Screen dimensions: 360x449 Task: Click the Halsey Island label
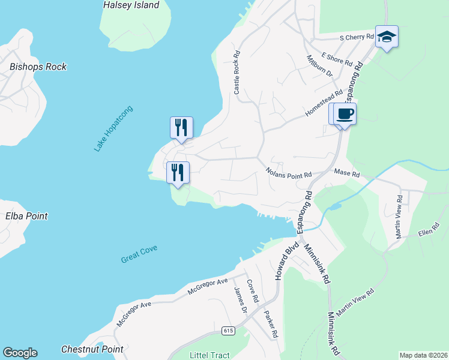click(131, 5)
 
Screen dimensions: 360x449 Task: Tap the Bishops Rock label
click(38, 67)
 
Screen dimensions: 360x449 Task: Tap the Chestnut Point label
click(92, 349)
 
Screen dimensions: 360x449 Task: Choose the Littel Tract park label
click(209, 355)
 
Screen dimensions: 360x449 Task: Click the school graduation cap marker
click(387, 37)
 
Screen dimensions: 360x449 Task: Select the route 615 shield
click(228, 331)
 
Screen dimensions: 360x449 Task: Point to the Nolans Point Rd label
click(289, 172)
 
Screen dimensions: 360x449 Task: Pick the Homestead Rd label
click(323, 103)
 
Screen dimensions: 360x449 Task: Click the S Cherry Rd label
click(357, 37)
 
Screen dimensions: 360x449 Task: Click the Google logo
click(20, 353)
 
